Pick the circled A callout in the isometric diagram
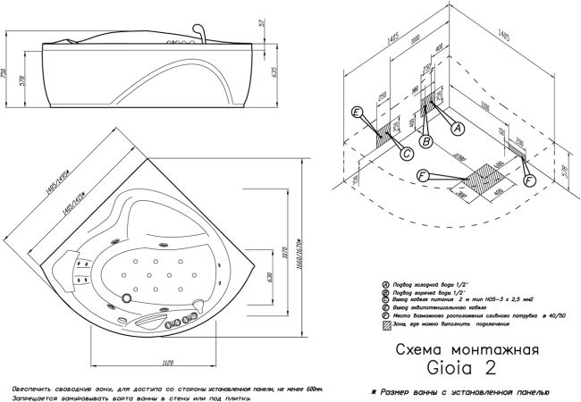(459, 129)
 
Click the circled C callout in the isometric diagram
(406, 154)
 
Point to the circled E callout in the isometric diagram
(357, 113)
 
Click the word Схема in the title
(417, 350)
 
